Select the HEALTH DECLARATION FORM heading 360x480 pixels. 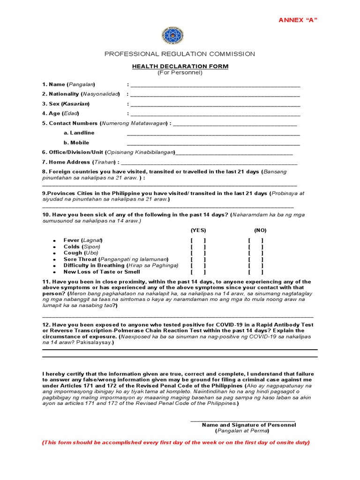[180, 66]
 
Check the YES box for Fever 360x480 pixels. [198, 240]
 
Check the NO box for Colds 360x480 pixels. [255, 247]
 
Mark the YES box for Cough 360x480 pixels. [198, 253]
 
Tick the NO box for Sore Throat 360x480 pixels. [255, 259]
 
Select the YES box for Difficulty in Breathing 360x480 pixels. [198, 265]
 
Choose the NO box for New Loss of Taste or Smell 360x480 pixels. [255, 272]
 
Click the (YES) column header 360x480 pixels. [198, 230]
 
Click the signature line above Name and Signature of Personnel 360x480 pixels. [243, 420]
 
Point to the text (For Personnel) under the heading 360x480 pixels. [180, 73]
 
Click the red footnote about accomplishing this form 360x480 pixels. [176, 442]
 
